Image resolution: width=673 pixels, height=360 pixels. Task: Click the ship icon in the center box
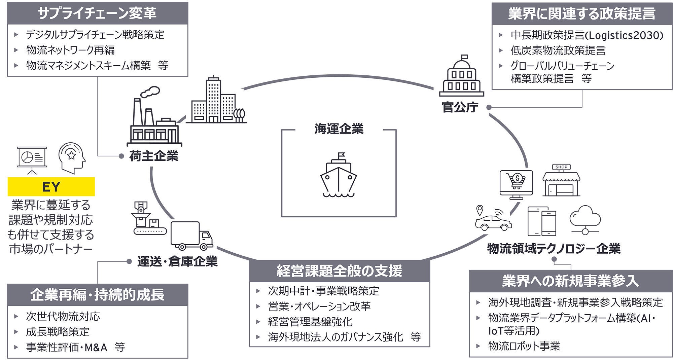coord(339,175)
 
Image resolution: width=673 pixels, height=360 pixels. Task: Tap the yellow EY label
coord(51,187)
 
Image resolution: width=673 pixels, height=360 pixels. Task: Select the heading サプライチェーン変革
coord(97,13)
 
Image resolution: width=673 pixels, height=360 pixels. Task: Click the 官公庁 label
coord(460,107)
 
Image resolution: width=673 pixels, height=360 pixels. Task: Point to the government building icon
coord(462,76)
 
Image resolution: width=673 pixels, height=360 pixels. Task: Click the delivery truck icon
coord(191,236)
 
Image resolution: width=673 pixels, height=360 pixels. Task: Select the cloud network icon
coord(585,219)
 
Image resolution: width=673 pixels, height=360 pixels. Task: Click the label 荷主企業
coord(154,156)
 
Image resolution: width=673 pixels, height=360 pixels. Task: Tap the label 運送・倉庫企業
coord(177,261)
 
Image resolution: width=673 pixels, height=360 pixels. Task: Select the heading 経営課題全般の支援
coord(339,271)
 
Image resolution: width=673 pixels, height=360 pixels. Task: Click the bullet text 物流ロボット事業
coord(524,346)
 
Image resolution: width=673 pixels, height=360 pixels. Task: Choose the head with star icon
coord(72,157)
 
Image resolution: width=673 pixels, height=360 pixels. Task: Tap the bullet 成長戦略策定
coord(58,332)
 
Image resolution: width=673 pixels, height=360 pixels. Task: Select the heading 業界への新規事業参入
coord(570,281)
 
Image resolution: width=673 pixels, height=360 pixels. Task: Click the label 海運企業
coord(339,129)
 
